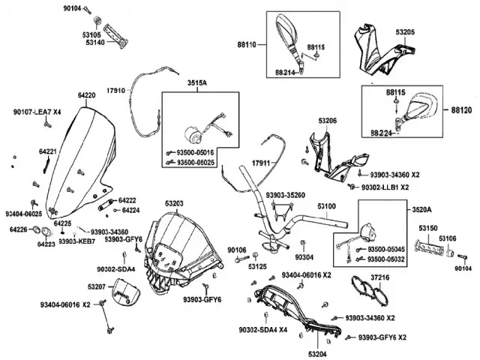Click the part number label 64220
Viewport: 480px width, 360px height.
pos(86,96)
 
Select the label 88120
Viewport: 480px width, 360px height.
pos(462,109)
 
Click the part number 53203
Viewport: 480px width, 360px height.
pos(174,203)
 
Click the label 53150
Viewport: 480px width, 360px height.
pos(428,227)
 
